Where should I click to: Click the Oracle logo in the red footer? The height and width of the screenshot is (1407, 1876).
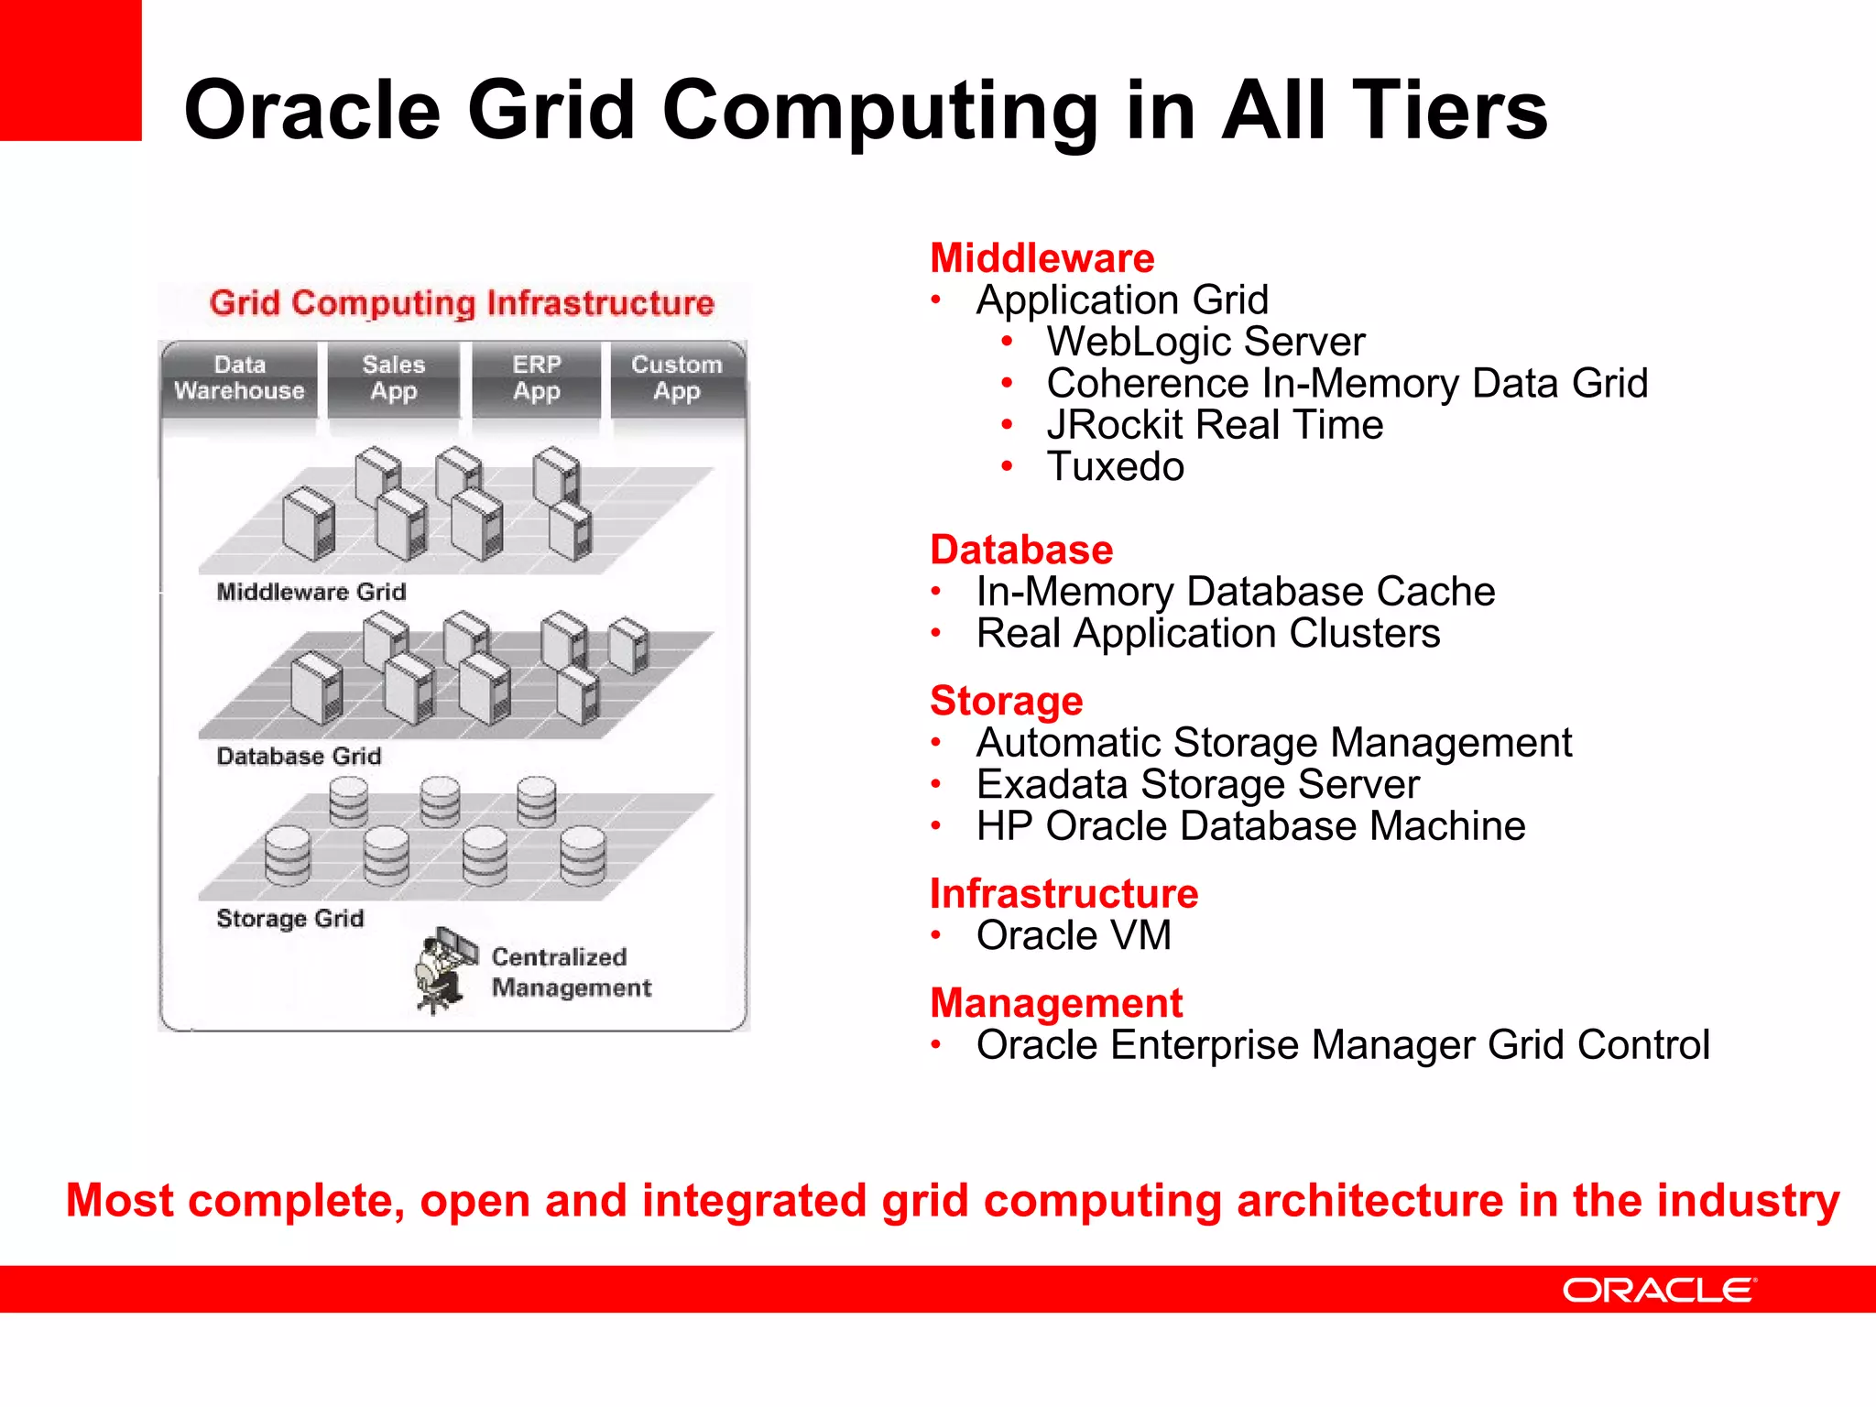tap(1659, 1290)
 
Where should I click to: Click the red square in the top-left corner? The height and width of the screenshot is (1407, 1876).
tap(70, 70)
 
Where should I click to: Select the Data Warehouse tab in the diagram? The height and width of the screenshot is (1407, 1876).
tap(239, 378)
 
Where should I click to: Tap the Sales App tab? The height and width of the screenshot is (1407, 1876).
tap(394, 378)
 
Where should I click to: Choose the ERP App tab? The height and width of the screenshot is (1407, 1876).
tap(537, 378)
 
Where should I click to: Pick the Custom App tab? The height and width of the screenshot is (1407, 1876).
tap(677, 378)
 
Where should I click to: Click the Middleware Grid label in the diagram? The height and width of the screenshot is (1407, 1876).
tap(311, 592)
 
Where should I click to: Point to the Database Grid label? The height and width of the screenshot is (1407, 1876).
tap(299, 756)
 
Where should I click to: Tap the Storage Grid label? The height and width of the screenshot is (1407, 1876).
tap(290, 918)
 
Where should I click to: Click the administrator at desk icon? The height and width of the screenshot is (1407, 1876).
tap(444, 969)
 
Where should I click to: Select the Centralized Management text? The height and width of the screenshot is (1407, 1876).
tap(570, 972)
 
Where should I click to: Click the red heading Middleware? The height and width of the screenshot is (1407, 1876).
tap(1042, 258)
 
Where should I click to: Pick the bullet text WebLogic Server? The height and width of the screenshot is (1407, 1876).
tap(1205, 342)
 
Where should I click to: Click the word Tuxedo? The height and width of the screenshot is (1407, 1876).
tap(1115, 466)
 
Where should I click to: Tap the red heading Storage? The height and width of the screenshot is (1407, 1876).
tap(1006, 701)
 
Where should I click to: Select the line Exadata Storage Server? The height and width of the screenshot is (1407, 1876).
tap(1197, 784)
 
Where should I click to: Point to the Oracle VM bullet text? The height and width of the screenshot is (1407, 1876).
tap(1074, 935)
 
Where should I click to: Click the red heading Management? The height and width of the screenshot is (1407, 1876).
tap(1056, 1003)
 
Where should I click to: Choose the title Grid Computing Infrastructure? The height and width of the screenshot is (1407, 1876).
tap(462, 303)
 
